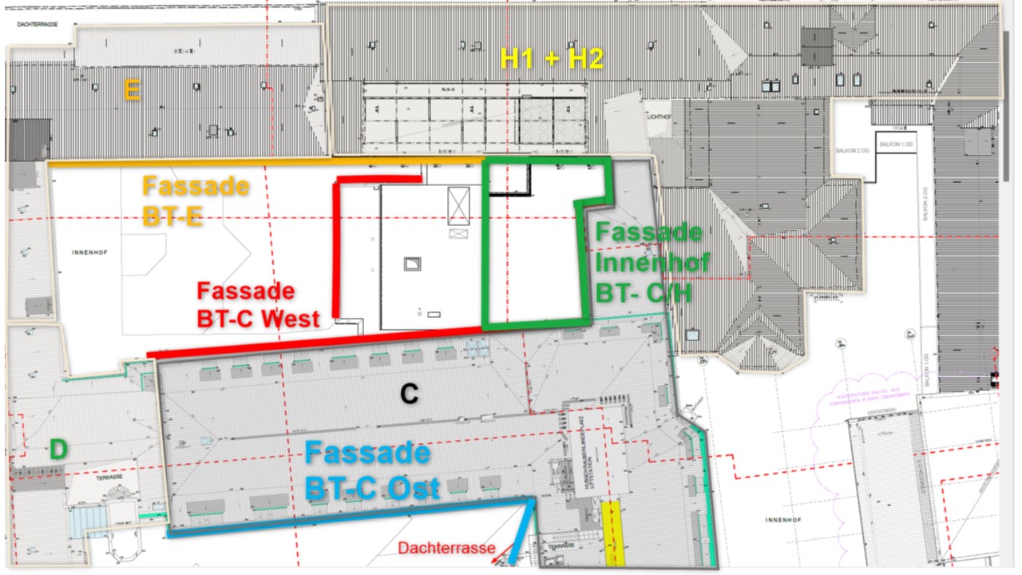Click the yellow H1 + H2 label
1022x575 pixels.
tap(550, 58)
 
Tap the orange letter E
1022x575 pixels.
tap(133, 91)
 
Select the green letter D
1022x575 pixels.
tap(59, 450)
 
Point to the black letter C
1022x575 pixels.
tap(409, 394)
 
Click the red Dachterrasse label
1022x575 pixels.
tap(447, 549)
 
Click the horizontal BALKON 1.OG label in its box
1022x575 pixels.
tap(895, 144)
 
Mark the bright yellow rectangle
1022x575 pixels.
tap(612, 532)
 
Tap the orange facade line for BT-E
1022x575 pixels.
tap(263, 162)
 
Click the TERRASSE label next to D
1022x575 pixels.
tap(110, 477)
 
